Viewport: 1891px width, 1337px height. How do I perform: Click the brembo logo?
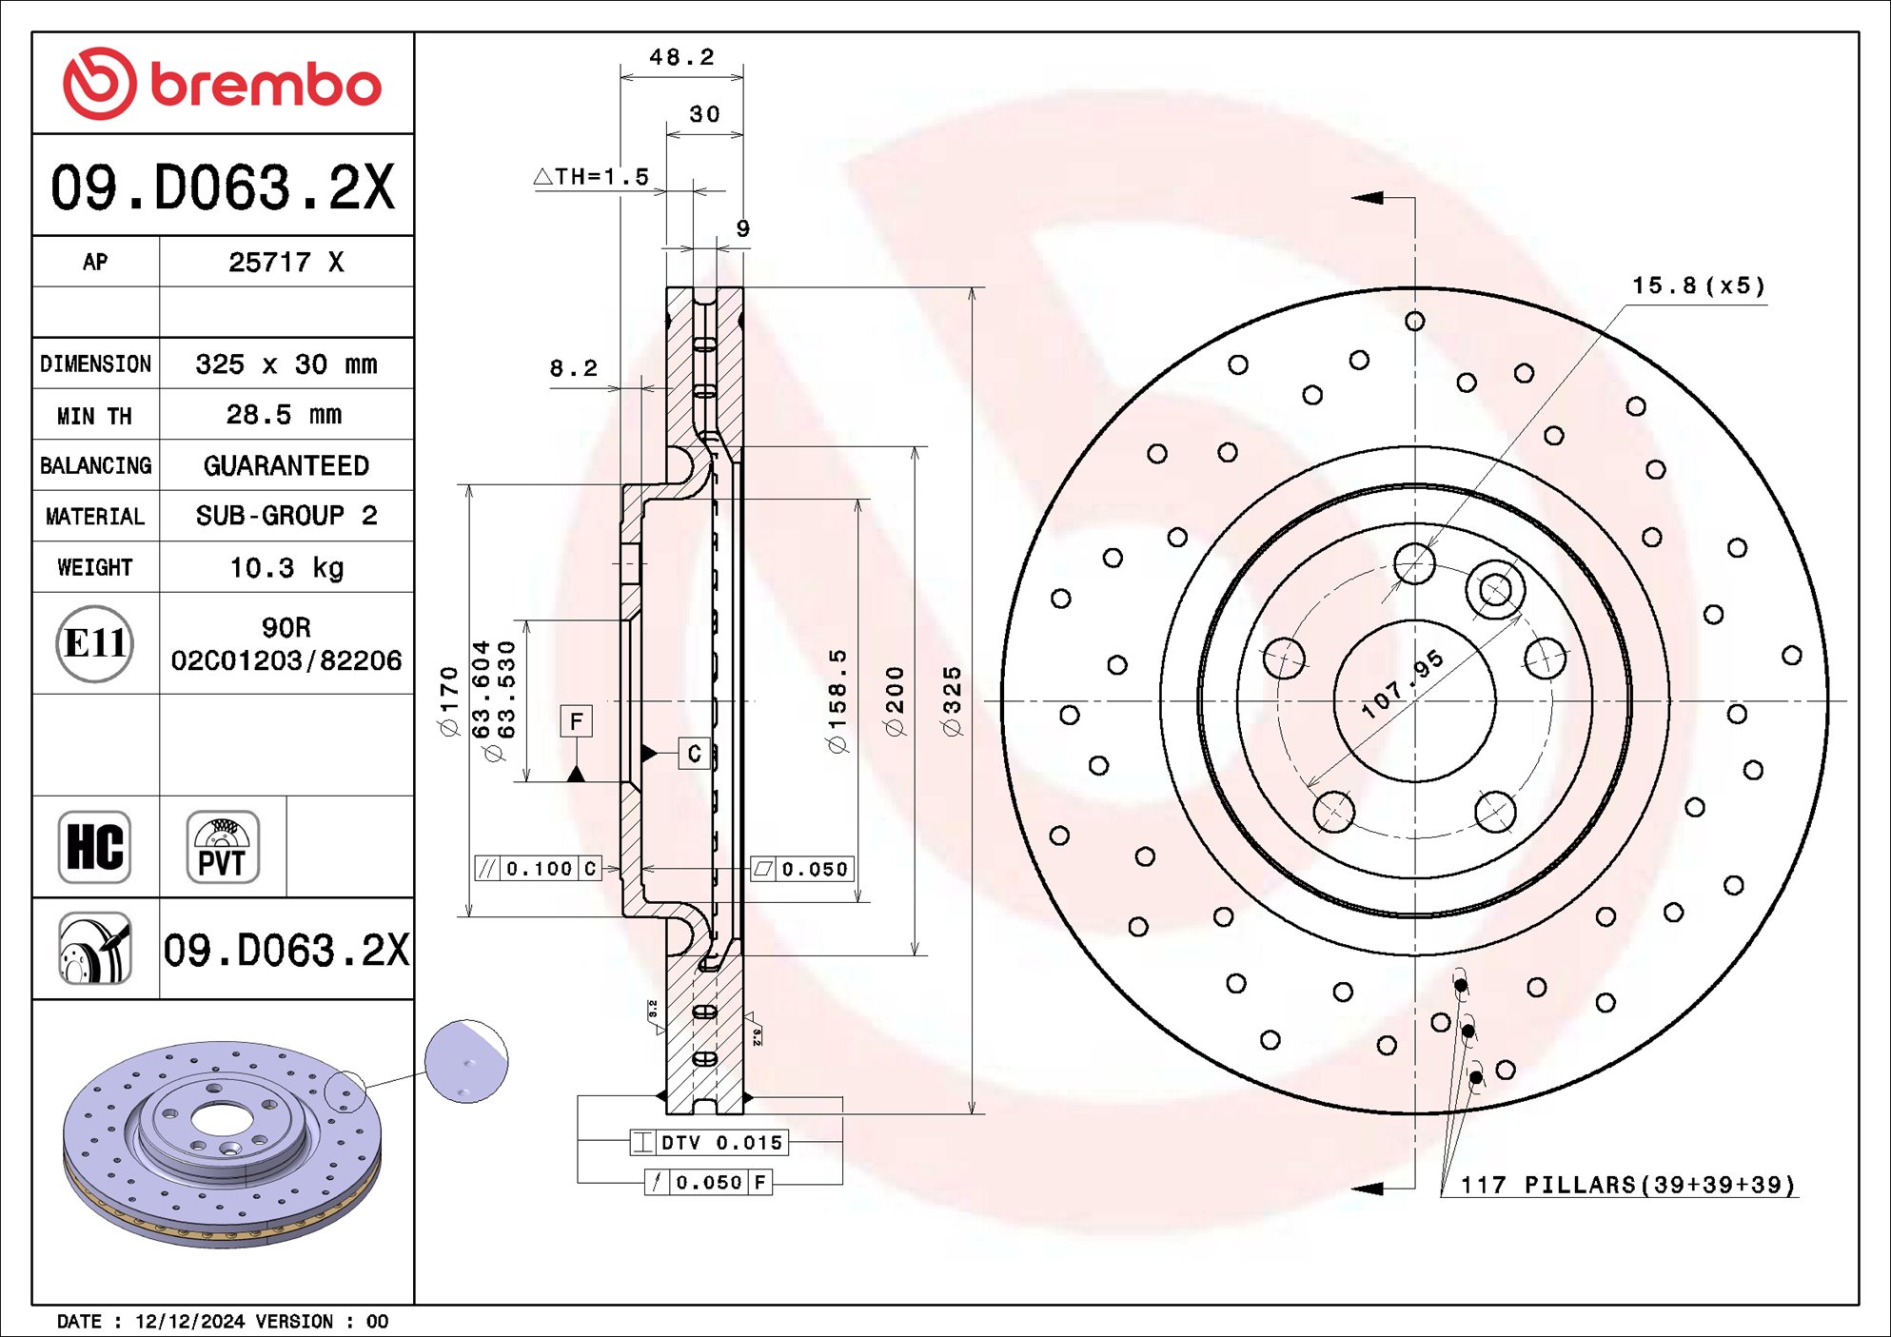[222, 84]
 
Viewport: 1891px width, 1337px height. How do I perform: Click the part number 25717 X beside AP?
[286, 263]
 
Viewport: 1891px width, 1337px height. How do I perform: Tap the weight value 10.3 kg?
[286, 568]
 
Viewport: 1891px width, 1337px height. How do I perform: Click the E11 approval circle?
[94, 644]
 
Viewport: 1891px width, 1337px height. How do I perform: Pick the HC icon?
[94, 847]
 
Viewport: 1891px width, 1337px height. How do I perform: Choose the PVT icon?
[223, 847]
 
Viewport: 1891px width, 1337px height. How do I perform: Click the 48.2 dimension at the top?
[681, 57]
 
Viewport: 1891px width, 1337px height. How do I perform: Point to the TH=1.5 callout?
[593, 177]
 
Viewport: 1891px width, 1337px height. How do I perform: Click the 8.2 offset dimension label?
[573, 368]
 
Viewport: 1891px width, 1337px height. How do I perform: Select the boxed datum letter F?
[576, 721]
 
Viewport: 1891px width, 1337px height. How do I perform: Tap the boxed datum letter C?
[694, 754]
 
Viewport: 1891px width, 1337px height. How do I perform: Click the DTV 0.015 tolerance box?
[710, 1142]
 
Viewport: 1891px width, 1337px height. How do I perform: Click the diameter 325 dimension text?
[952, 701]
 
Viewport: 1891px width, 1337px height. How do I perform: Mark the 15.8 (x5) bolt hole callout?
[1698, 285]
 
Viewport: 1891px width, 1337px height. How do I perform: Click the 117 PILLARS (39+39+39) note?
[1627, 1185]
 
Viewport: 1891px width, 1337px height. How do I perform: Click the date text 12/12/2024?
[189, 1321]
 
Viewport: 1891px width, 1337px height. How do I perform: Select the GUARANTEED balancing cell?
[286, 465]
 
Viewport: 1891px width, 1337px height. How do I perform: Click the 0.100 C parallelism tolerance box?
[539, 869]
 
